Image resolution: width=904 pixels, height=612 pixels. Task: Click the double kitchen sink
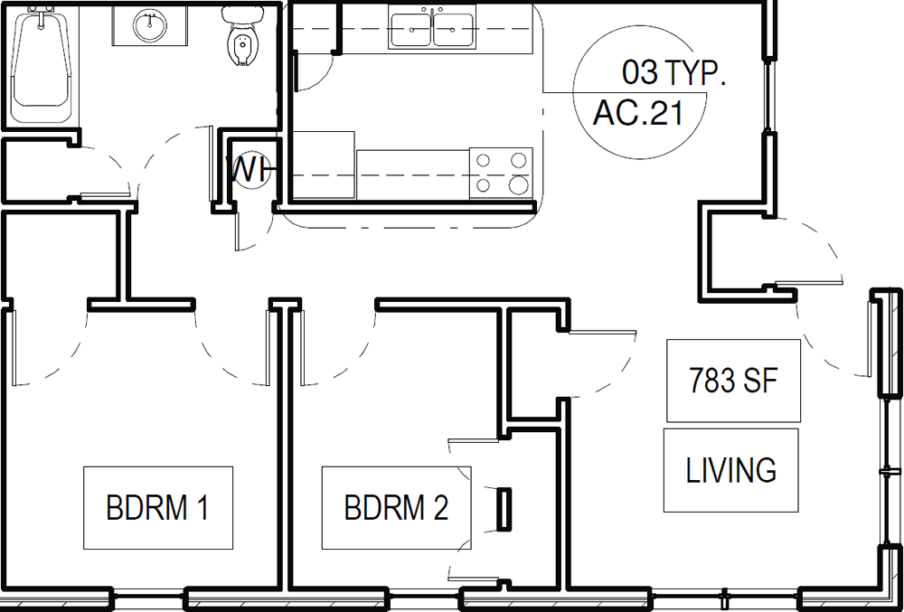pos(432,27)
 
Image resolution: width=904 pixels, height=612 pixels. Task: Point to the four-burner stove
pos(501,174)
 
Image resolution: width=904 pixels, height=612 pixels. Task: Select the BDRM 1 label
pos(157,508)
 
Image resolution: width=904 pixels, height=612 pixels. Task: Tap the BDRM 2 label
pos(396,508)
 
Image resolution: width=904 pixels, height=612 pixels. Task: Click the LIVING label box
pos(731,470)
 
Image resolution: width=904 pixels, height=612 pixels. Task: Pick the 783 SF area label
pos(733,381)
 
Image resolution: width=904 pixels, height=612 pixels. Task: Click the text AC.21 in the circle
pos(638,113)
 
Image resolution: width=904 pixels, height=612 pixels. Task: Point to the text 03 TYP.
pos(673,72)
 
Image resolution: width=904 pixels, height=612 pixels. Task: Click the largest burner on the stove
pos(519,184)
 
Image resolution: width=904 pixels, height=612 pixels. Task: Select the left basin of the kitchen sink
pos(411,30)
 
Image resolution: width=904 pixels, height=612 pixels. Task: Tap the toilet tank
pos(241,14)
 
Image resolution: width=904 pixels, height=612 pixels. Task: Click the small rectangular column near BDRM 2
pos(504,510)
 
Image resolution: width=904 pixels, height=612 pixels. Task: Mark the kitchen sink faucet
pos(432,10)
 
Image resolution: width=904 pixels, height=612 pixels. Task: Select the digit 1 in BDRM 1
pos(202,508)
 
